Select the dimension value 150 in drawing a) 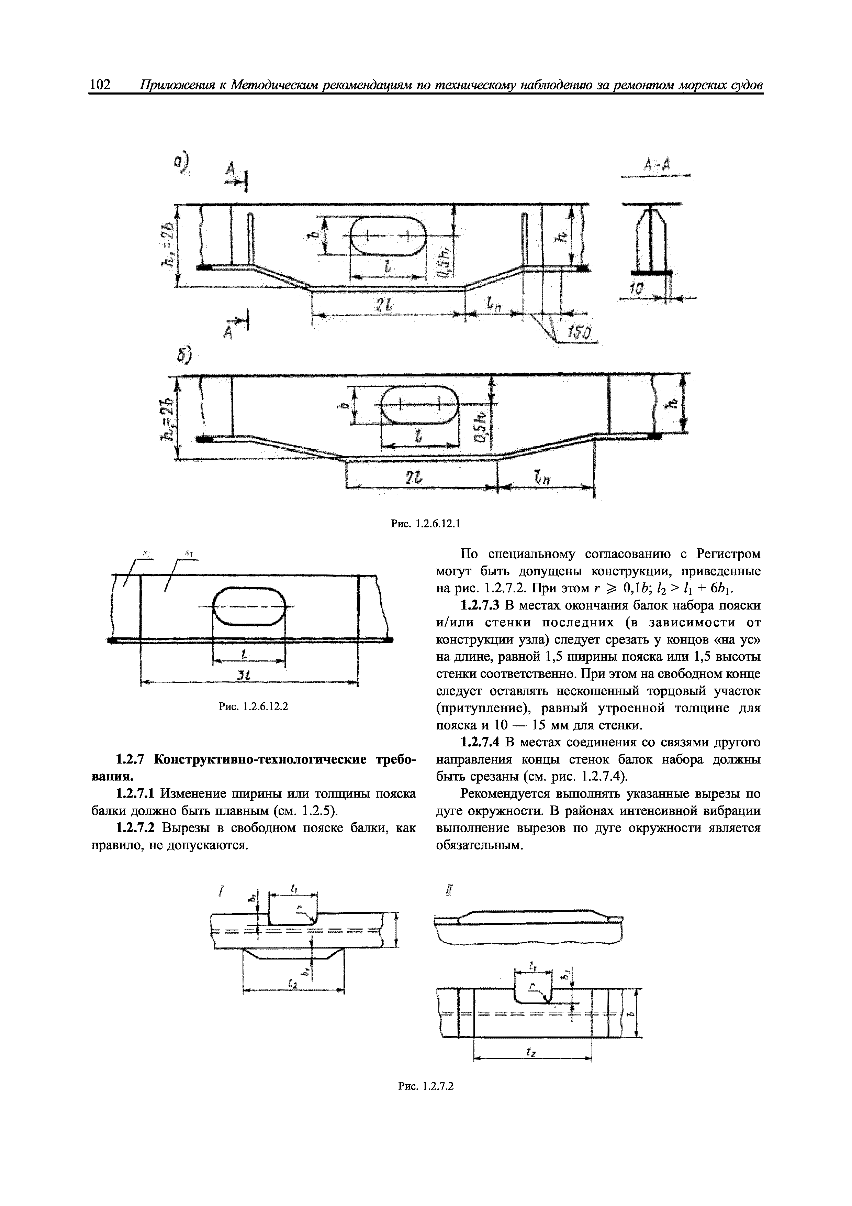point(580,333)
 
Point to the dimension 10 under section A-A point(637,290)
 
